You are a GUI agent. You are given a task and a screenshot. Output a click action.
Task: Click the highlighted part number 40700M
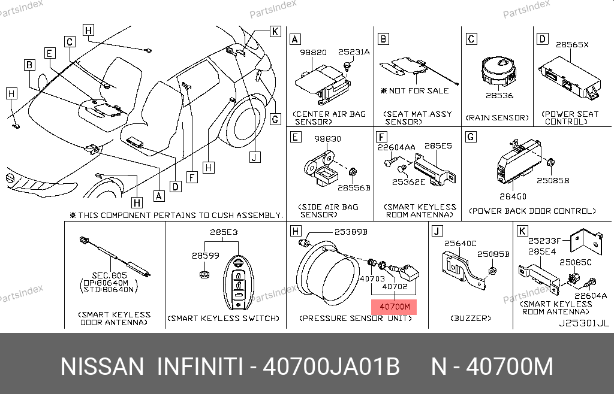click(x=395, y=307)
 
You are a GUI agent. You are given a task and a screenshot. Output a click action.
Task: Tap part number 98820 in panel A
click(x=313, y=52)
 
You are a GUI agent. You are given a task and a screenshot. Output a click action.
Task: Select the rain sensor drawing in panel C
click(x=498, y=71)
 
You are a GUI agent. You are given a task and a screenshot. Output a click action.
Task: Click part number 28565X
click(x=571, y=44)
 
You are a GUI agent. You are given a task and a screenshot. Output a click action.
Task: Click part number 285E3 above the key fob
click(x=224, y=232)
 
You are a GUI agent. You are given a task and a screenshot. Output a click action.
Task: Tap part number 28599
click(x=205, y=256)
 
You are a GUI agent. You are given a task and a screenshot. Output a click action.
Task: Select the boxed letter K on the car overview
click(x=275, y=31)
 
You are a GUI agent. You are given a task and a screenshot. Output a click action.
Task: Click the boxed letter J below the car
click(x=255, y=157)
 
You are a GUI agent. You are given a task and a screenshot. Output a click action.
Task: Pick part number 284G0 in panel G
click(x=513, y=196)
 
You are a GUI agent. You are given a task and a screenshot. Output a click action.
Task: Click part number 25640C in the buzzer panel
click(x=460, y=244)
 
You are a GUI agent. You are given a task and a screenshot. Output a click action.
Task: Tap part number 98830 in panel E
click(x=328, y=139)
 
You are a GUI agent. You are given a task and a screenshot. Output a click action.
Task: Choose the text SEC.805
click(x=109, y=275)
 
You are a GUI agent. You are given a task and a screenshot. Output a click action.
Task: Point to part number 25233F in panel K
click(x=544, y=241)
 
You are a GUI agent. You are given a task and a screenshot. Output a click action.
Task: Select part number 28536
click(x=499, y=95)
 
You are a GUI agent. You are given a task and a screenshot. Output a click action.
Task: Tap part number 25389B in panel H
click(x=351, y=232)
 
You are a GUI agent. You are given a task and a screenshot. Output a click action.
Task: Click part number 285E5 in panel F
click(x=438, y=146)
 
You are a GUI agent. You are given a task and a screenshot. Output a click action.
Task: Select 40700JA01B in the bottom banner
click(x=331, y=366)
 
